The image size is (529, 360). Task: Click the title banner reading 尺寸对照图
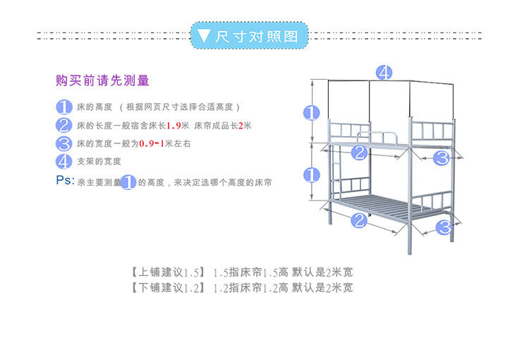[250, 35]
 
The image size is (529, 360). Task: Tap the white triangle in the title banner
[204, 36]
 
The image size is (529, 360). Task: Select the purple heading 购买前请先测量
[103, 81]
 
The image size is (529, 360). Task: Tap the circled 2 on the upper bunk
[358, 152]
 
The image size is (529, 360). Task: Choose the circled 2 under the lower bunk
[359, 220]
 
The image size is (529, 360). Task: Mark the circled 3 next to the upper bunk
[442, 158]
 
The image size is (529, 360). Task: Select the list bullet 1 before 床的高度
[64, 107]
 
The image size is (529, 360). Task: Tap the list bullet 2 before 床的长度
[64, 126]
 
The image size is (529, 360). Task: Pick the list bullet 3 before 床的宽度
[64, 144]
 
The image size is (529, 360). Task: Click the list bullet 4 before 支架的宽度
[64, 162]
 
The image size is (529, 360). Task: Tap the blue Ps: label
[65, 180]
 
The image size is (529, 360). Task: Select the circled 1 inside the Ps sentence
[128, 182]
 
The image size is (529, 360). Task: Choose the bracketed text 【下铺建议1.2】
[167, 288]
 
